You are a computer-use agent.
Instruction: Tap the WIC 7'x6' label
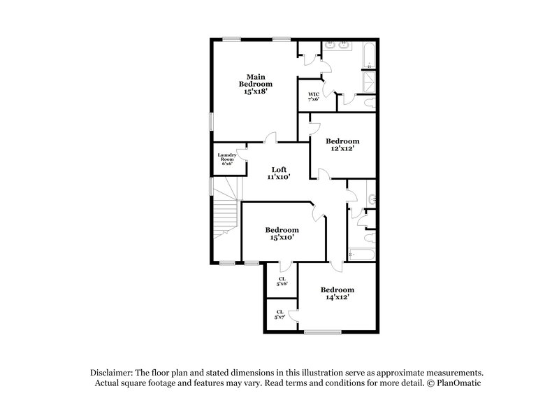click(x=314, y=95)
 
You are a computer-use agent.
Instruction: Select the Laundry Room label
click(x=226, y=159)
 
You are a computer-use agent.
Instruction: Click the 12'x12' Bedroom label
click(x=342, y=144)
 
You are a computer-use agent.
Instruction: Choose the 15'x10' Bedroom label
click(x=282, y=234)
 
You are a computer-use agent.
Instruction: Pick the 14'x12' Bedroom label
click(x=337, y=293)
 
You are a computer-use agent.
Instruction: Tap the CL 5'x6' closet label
click(x=282, y=280)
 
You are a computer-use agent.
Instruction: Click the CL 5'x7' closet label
click(x=279, y=314)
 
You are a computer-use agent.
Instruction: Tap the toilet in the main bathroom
click(x=370, y=103)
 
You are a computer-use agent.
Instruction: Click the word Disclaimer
click(x=112, y=373)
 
